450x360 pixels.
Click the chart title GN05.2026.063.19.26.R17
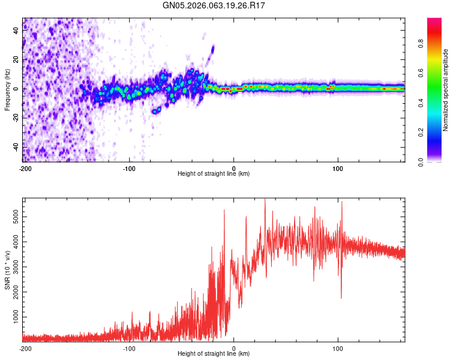point(214,5)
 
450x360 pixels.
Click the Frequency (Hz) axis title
point(7,89)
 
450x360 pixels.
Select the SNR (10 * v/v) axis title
point(7,271)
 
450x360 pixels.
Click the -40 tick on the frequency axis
point(14,146)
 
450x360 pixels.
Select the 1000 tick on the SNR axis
point(12,316)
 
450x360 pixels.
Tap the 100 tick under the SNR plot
point(338,348)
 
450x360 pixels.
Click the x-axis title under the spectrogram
point(214,173)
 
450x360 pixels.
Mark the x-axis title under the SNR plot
point(214,354)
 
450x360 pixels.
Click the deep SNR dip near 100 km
point(341,298)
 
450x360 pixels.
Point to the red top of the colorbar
point(434,21)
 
